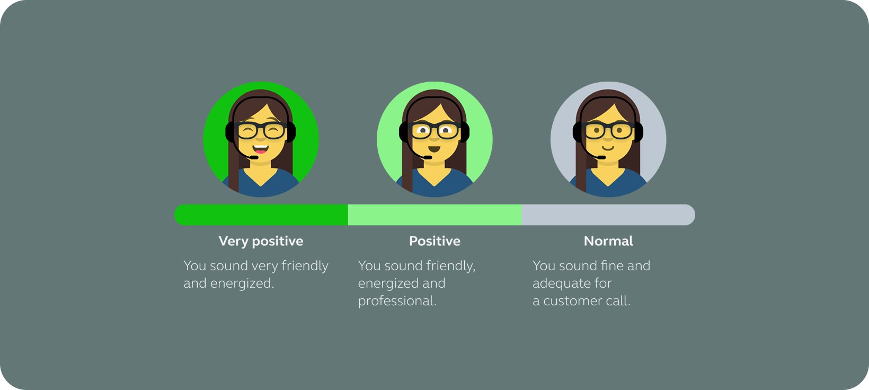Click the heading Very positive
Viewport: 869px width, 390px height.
pyautogui.click(x=261, y=242)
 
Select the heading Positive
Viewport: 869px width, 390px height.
pyautogui.click(x=434, y=241)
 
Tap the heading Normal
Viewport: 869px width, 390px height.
pyautogui.click(x=608, y=241)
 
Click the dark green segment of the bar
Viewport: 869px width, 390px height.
pyautogui.click(x=261, y=215)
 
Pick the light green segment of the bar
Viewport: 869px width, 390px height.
pyautogui.click(x=434, y=215)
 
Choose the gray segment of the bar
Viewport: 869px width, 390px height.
pyautogui.click(x=608, y=215)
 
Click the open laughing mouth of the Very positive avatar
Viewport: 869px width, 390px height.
pyautogui.click(x=261, y=149)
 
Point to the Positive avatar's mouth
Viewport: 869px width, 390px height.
pyautogui.click(x=434, y=149)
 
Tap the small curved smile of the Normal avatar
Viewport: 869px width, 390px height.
pyautogui.click(x=608, y=148)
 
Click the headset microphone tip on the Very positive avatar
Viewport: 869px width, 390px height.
pyautogui.click(x=254, y=157)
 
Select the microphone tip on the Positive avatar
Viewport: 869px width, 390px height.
pyautogui.click(x=428, y=157)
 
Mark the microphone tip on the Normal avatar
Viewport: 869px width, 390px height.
pyautogui.click(x=601, y=157)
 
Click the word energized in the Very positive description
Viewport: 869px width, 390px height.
pyautogui.click(x=242, y=283)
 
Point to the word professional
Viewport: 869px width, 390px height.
pyautogui.click(x=397, y=302)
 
